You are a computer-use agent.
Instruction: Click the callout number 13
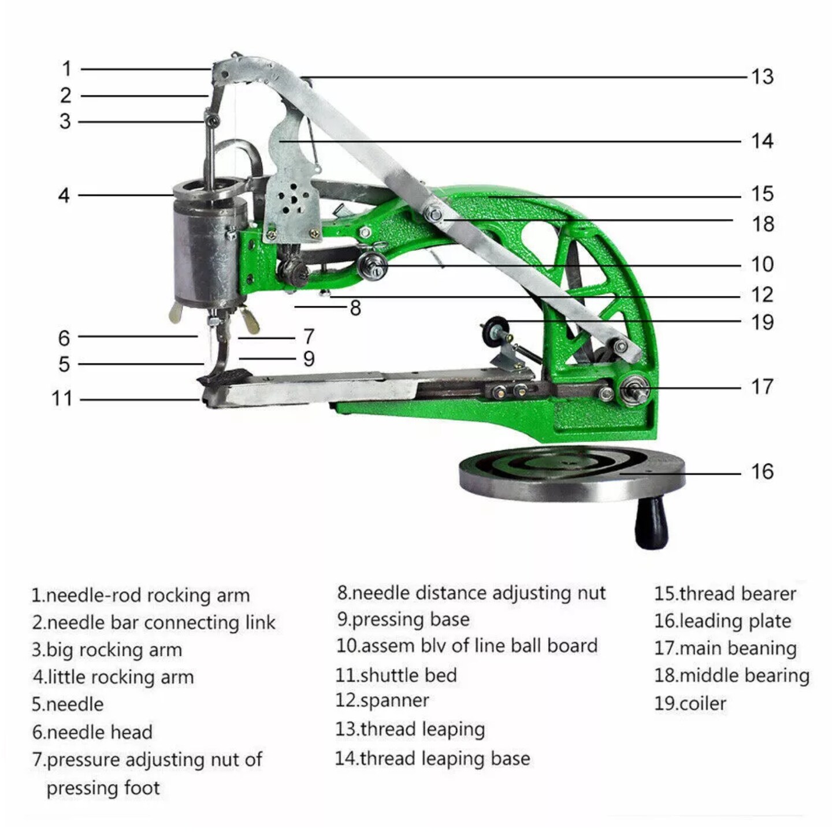tap(762, 77)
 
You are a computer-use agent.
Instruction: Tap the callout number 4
tap(64, 195)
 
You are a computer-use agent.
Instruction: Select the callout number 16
tap(762, 471)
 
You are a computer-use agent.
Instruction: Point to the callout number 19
tap(762, 322)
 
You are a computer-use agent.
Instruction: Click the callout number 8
tap(355, 308)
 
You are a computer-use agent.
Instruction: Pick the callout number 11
tap(62, 399)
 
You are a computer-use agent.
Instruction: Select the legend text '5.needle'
tap(68, 704)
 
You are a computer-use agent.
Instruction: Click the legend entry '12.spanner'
tap(382, 700)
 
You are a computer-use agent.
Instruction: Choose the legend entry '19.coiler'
tap(690, 703)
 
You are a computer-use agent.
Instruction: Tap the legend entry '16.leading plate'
tap(722, 621)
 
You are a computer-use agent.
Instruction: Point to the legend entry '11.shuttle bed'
tap(396, 675)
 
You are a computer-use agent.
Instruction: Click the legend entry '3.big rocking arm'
tap(107, 649)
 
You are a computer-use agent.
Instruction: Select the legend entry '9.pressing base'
tap(403, 619)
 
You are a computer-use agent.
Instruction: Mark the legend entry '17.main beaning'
tap(725, 648)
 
